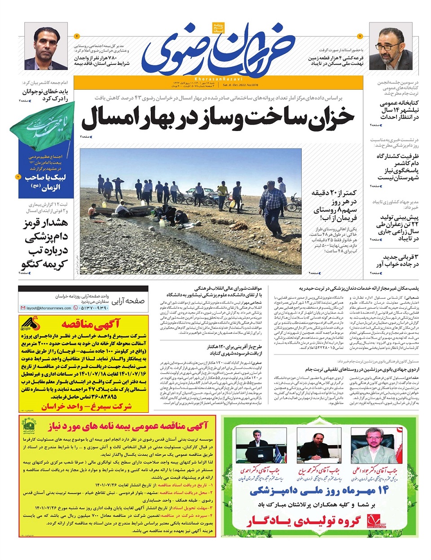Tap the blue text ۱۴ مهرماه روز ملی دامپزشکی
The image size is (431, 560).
coord(319,490)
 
